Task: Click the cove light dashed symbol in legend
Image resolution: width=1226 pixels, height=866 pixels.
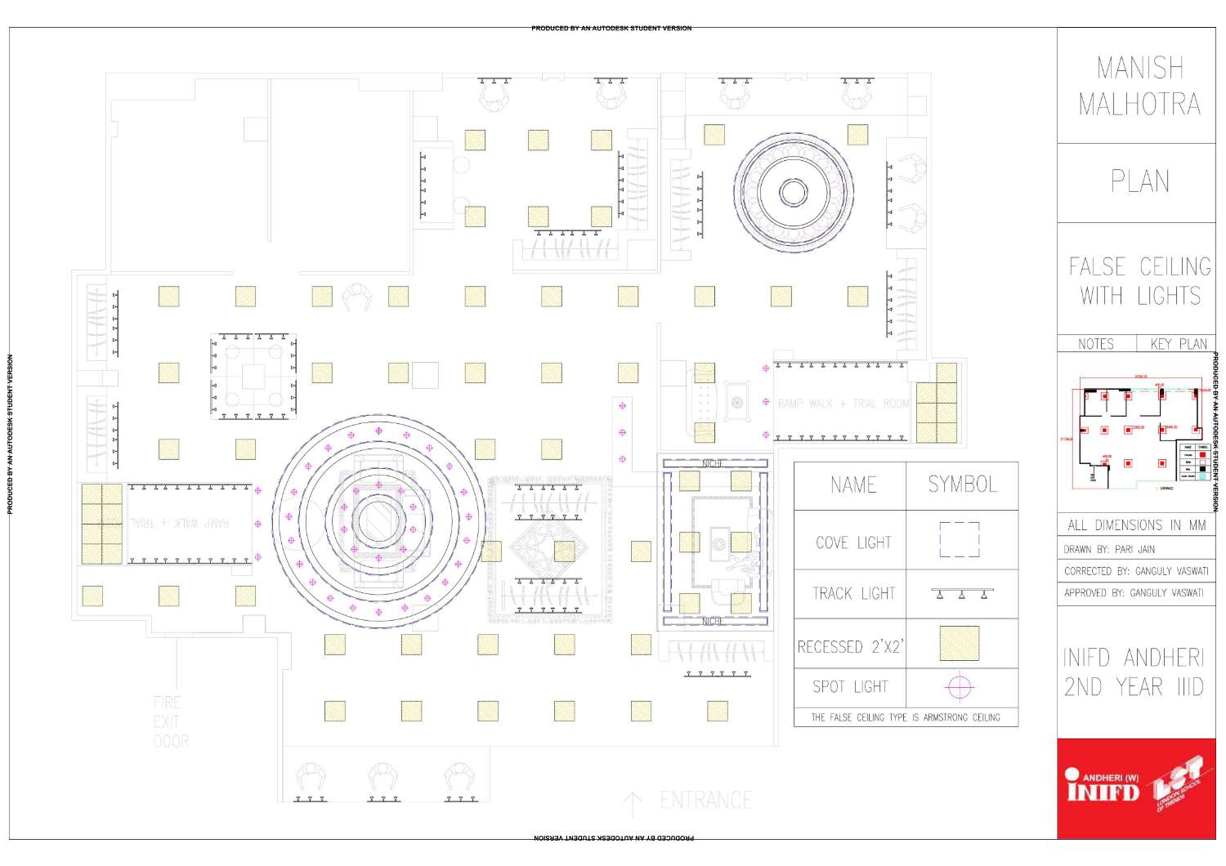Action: coord(960,540)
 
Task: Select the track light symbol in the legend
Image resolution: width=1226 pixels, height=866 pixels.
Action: coord(962,593)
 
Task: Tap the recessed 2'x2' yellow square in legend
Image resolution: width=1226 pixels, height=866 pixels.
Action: coord(960,644)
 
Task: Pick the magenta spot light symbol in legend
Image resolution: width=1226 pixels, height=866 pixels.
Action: coord(960,688)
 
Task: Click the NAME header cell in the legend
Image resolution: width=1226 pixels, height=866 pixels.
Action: coord(852,485)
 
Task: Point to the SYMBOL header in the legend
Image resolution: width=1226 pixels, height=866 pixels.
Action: coord(962,485)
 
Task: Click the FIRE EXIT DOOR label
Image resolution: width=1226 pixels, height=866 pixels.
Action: coord(171,722)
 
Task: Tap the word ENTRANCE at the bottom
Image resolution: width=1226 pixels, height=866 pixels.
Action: coord(705,801)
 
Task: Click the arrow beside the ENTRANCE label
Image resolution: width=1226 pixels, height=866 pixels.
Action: coord(633,804)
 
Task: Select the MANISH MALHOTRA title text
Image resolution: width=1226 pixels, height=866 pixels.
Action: coord(1139,86)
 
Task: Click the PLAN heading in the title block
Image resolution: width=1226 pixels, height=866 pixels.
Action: coord(1139,181)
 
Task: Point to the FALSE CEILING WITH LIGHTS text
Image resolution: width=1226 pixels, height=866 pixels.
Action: coord(1139,281)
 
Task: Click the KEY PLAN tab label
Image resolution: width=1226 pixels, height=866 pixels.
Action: coord(1178,344)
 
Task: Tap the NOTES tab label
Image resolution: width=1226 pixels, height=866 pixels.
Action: coord(1095,344)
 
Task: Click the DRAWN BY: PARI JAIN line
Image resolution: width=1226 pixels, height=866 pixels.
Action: coord(1109,549)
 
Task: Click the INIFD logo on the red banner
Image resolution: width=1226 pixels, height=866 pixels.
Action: coord(1103,787)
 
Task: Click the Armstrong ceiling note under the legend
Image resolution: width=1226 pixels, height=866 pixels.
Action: coord(905,717)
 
